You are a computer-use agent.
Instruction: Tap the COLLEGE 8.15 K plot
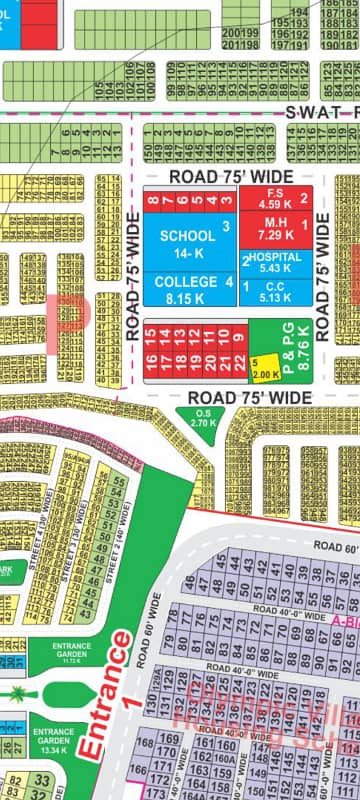187,290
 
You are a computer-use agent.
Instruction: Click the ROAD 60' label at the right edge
335,547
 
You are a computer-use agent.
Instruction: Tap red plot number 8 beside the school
152,200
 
